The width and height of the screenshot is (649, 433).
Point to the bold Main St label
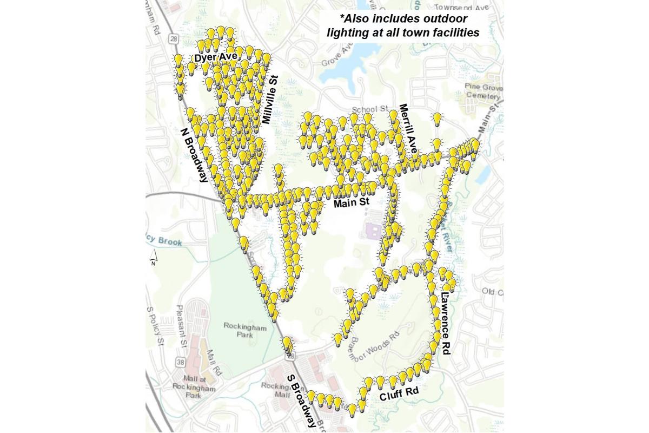[x=351, y=204]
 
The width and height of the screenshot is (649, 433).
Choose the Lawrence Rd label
[x=446, y=324]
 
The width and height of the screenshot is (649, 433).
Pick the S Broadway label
[x=301, y=401]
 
